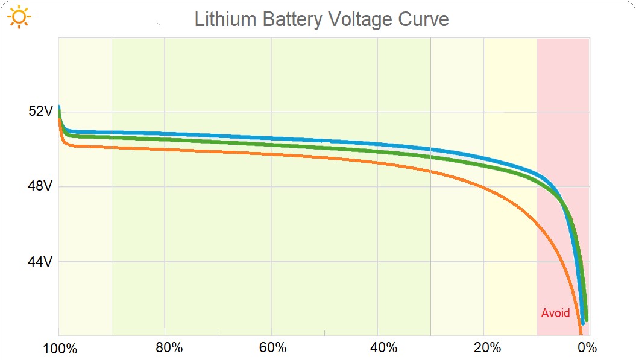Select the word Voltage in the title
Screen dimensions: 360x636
coord(361,19)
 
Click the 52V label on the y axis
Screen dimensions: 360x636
coord(41,112)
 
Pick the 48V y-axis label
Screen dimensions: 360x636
coord(41,186)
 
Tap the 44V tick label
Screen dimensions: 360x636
coord(41,262)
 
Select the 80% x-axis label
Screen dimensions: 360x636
coord(169,348)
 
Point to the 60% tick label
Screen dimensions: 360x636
coord(272,348)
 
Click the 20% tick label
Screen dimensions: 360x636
coord(487,348)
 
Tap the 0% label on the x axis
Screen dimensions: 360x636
coord(587,348)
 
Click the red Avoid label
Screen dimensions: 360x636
coord(555,313)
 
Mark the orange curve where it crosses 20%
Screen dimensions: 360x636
coord(483,188)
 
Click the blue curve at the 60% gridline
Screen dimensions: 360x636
coord(271,137)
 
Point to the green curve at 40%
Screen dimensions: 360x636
coord(377,151)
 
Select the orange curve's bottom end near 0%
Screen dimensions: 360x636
coord(581,332)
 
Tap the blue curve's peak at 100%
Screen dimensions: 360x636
coord(58,107)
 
